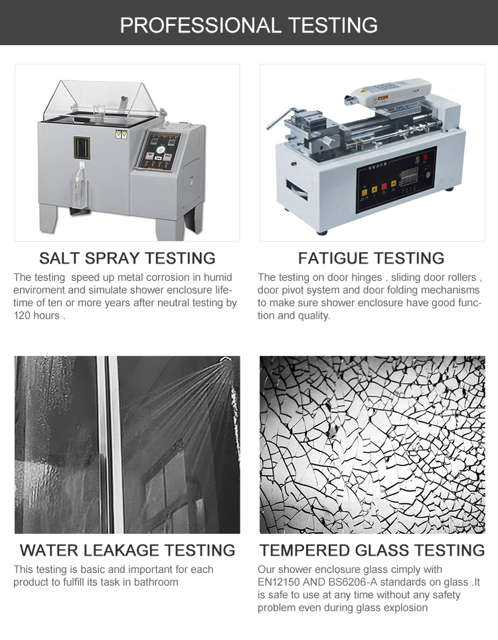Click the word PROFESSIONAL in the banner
click(201, 25)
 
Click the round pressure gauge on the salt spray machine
click(161, 150)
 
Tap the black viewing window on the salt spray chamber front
click(82, 147)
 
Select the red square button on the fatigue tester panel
click(384, 187)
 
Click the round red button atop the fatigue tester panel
click(425, 157)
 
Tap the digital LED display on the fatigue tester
click(409, 175)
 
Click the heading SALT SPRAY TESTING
click(127, 258)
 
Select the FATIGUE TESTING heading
click(371, 258)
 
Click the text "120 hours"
click(37, 315)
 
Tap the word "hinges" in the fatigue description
click(365, 278)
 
